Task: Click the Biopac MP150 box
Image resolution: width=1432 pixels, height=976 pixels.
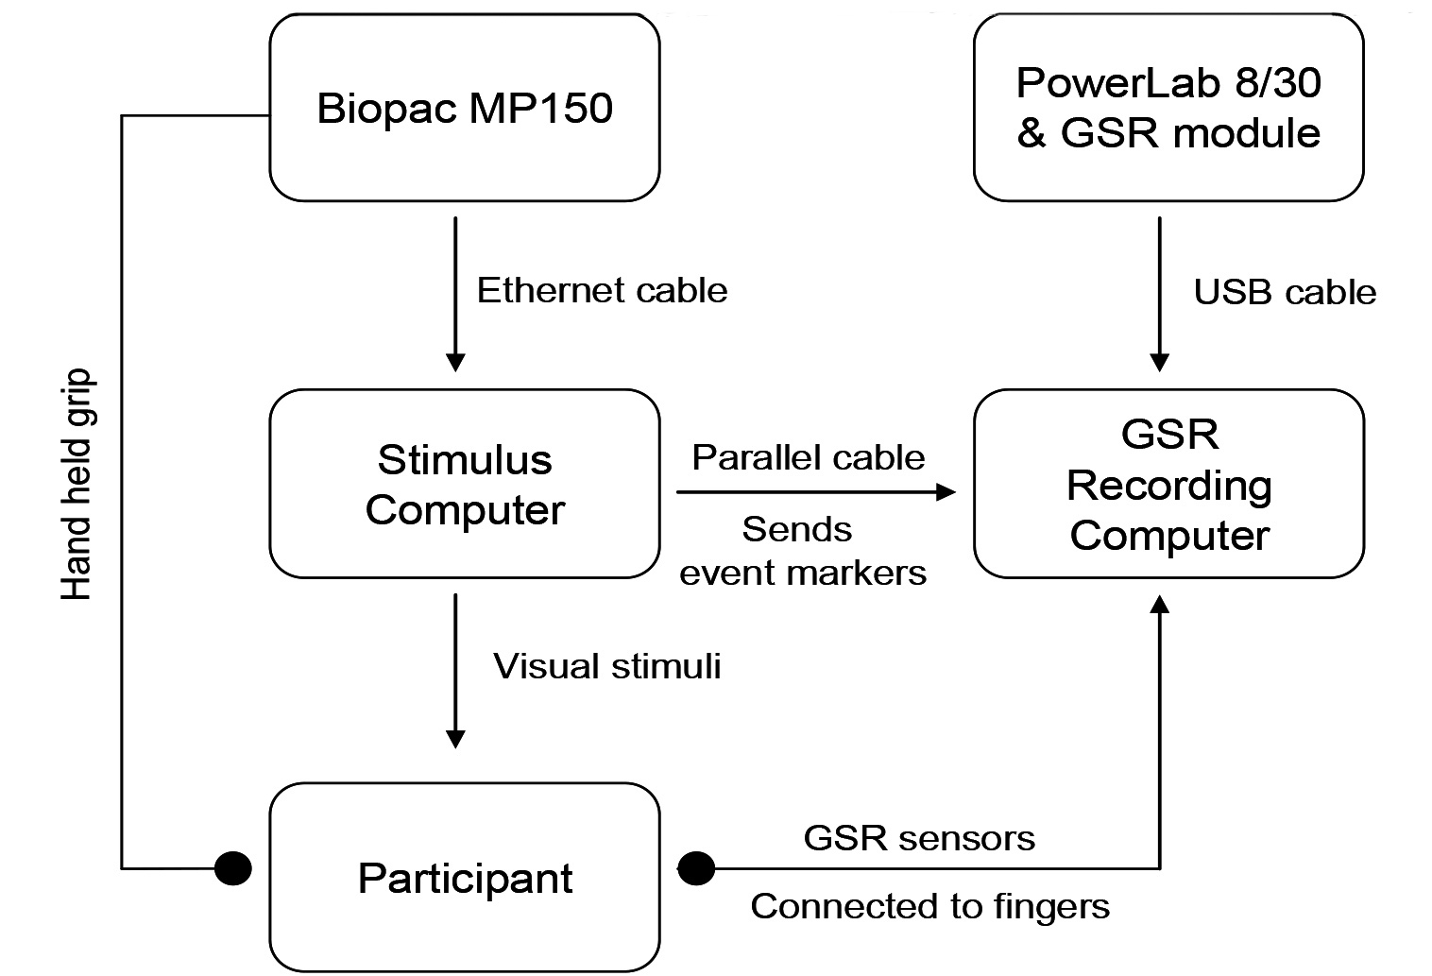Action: coord(464,108)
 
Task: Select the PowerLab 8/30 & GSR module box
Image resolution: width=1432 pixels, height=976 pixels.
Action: coord(1168,108)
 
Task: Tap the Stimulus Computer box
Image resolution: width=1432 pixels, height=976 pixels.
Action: coord(464,484)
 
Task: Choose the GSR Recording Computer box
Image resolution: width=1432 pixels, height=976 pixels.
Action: coord(1168,484)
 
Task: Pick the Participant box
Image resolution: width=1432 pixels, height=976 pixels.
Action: coord(464,878)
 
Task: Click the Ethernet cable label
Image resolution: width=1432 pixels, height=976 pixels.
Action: coord(602,290)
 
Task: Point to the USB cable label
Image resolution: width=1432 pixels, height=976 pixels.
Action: coord(1285,292)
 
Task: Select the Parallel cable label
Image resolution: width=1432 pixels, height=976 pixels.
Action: coord(809,457)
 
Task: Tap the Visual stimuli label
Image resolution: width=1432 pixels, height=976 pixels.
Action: coord(606,666)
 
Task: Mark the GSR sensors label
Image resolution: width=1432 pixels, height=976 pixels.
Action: coord(919,838)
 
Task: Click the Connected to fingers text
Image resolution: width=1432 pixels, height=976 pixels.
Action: coord(929,906)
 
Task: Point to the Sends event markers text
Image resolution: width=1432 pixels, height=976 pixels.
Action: coord(803,551)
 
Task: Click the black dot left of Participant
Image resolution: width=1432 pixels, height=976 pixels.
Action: coord(233,867)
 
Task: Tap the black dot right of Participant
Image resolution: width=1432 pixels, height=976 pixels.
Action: coord(696,867)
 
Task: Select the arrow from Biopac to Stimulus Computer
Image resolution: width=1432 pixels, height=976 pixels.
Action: coord(455,293)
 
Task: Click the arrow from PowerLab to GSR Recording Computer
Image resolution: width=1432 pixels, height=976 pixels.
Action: coord(1160,293)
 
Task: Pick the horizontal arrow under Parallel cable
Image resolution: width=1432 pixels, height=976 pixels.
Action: coord(814,492)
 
